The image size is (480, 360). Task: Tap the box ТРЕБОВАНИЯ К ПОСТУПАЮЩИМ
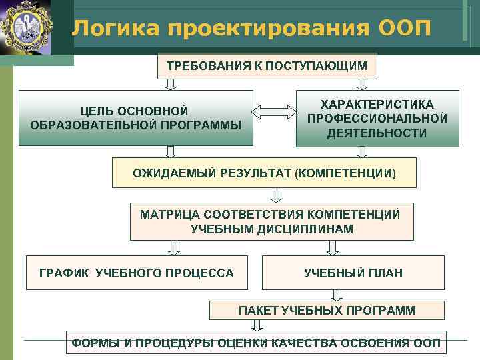[267, 66]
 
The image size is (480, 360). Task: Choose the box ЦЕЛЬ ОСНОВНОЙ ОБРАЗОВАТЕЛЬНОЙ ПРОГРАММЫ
[136, 118]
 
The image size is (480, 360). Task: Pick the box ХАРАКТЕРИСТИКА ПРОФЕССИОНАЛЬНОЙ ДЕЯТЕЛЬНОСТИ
[377, 119]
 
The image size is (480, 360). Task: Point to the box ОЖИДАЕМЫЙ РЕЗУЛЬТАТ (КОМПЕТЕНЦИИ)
[264, 173]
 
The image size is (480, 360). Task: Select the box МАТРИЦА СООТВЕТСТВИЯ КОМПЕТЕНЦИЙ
[271, 221]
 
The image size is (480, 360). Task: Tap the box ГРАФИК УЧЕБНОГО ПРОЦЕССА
[137, 273]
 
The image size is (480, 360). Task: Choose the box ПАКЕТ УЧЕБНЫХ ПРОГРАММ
[327, 311]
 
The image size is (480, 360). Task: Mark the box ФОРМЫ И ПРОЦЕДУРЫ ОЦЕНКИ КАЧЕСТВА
[256, 343]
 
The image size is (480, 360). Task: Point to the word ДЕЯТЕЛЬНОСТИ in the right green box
[377, 133]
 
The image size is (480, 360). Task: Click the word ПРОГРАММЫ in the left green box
[206, 125]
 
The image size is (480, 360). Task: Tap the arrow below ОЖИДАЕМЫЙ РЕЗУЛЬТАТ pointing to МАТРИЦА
[275, 194]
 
